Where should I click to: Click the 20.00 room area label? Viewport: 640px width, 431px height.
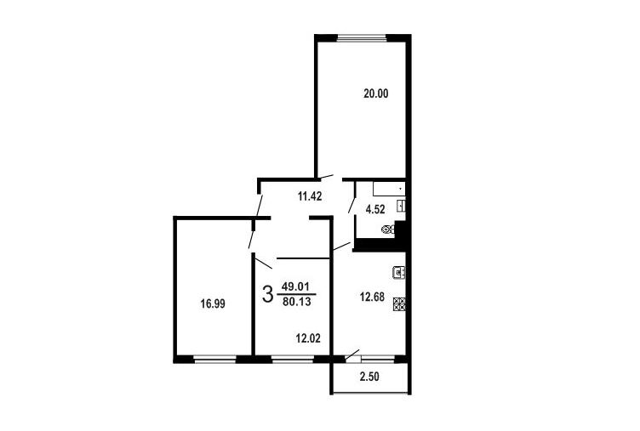[376, 94]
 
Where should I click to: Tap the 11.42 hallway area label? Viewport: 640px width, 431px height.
[310, 196]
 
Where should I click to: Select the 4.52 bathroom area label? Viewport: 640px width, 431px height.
[375, 210]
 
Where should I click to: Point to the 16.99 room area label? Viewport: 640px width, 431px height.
[213, 303]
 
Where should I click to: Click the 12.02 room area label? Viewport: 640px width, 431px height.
[308, 338]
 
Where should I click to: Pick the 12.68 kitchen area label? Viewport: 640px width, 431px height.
[372, 297]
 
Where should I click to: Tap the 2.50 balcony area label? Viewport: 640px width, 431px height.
[369, 377]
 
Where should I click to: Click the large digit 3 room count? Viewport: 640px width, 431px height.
[267, 294]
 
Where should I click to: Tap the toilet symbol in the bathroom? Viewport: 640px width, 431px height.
[388, 230]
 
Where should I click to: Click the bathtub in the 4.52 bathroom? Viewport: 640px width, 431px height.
[389, 190]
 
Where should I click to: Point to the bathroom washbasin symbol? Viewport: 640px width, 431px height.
[401, 206]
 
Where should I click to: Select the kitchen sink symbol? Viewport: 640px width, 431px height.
[399, 272]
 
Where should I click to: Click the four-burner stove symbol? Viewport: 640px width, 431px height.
[399, 304]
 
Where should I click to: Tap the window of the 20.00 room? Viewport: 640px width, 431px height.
[362, 39]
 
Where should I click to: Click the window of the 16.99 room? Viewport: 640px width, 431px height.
[214, 360]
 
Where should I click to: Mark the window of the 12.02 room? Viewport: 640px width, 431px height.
[292, 360]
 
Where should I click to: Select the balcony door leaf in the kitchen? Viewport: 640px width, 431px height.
[352, 354]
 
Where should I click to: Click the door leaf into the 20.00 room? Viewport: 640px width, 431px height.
[326, 177]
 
